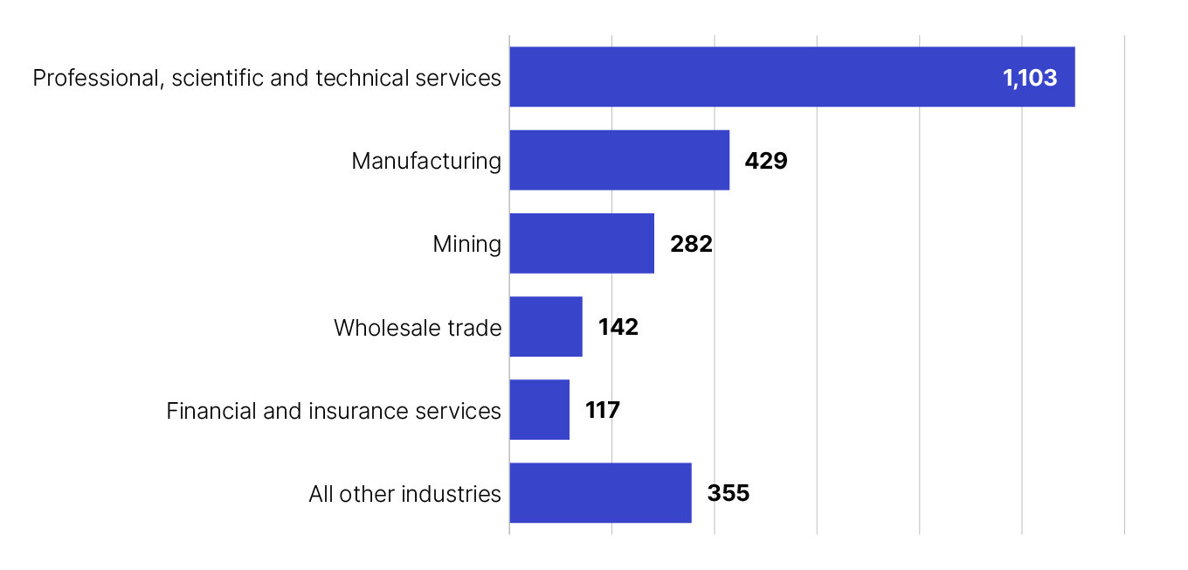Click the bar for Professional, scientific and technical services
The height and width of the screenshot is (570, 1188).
[x=751, y=77]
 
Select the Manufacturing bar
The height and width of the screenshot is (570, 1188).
[x=618, y=160]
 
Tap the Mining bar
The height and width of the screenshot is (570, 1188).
[x=581, y=243]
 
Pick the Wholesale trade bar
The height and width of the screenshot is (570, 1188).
[x=545, y=326]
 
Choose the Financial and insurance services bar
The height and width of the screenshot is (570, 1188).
[x=539, y=409]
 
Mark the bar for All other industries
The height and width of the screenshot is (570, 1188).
[x=600, y=493]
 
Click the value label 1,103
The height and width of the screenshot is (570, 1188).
[x=1030, y=78]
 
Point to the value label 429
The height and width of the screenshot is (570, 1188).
[x=766, y=161]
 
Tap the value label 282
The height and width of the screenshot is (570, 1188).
[x=691, y=244]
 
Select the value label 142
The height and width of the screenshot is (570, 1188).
[x=618, y=327]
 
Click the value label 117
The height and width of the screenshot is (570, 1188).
[x=603, y=410]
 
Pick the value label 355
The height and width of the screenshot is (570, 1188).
[x=729, y=494]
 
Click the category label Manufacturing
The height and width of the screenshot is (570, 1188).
[x=426, y=161]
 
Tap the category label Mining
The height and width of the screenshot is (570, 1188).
[x=467, y=244]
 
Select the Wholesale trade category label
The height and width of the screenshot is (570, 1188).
[x=418, y=328]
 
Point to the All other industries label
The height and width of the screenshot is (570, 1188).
[x=404, y=494]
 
